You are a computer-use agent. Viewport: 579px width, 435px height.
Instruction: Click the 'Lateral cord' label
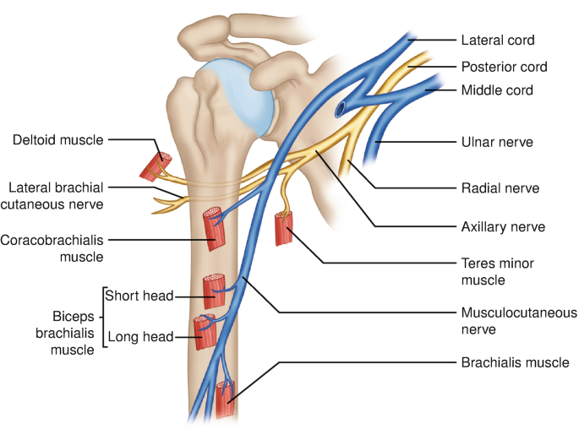[497, 40]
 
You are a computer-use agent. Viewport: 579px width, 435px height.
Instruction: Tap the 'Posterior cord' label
[503, 67]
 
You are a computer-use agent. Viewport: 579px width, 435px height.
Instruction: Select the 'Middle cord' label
[497, 90]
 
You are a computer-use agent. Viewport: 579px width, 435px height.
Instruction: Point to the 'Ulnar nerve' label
[496, 142]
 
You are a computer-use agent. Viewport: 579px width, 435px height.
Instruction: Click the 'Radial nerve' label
[500, 188]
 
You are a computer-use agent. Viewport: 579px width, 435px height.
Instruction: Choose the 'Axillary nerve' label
[503, 226]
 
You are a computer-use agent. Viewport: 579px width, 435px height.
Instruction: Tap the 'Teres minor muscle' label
[497, 271]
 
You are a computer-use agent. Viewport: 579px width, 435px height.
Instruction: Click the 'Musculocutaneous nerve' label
[518, 321]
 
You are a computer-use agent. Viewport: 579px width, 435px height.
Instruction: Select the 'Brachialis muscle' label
[515, 362]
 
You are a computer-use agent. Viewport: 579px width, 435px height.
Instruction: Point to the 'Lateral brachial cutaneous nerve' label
[56, 195]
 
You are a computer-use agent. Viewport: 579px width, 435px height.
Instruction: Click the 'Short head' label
[138, 296]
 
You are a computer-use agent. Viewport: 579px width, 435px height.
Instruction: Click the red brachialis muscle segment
[225, 400]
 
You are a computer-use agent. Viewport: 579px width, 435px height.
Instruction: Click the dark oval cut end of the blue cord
[340, 110]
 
